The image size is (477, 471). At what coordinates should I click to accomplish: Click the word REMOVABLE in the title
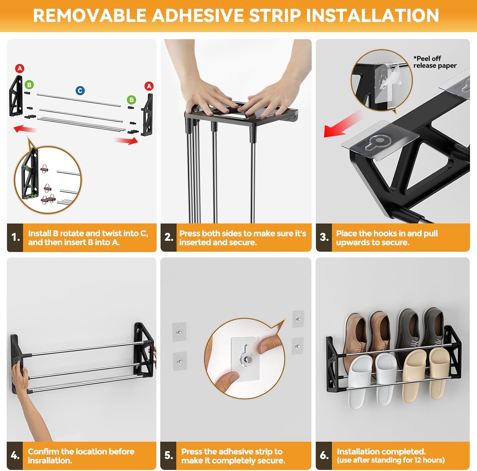tap(90, 15)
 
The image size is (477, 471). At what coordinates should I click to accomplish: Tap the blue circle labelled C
tap(80, 91)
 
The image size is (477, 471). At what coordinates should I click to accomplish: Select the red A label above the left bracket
tap(20, 68)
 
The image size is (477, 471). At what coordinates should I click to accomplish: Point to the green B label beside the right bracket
tap(131, 100)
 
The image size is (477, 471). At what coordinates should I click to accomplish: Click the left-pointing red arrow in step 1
tap(25, 129)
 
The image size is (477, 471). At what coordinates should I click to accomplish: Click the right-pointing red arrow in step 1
tap(126, 140)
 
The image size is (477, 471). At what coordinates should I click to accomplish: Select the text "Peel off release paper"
tap(435, 62)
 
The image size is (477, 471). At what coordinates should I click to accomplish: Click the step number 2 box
tap(169, 238)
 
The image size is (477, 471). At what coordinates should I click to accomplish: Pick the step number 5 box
tap(169, 455)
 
